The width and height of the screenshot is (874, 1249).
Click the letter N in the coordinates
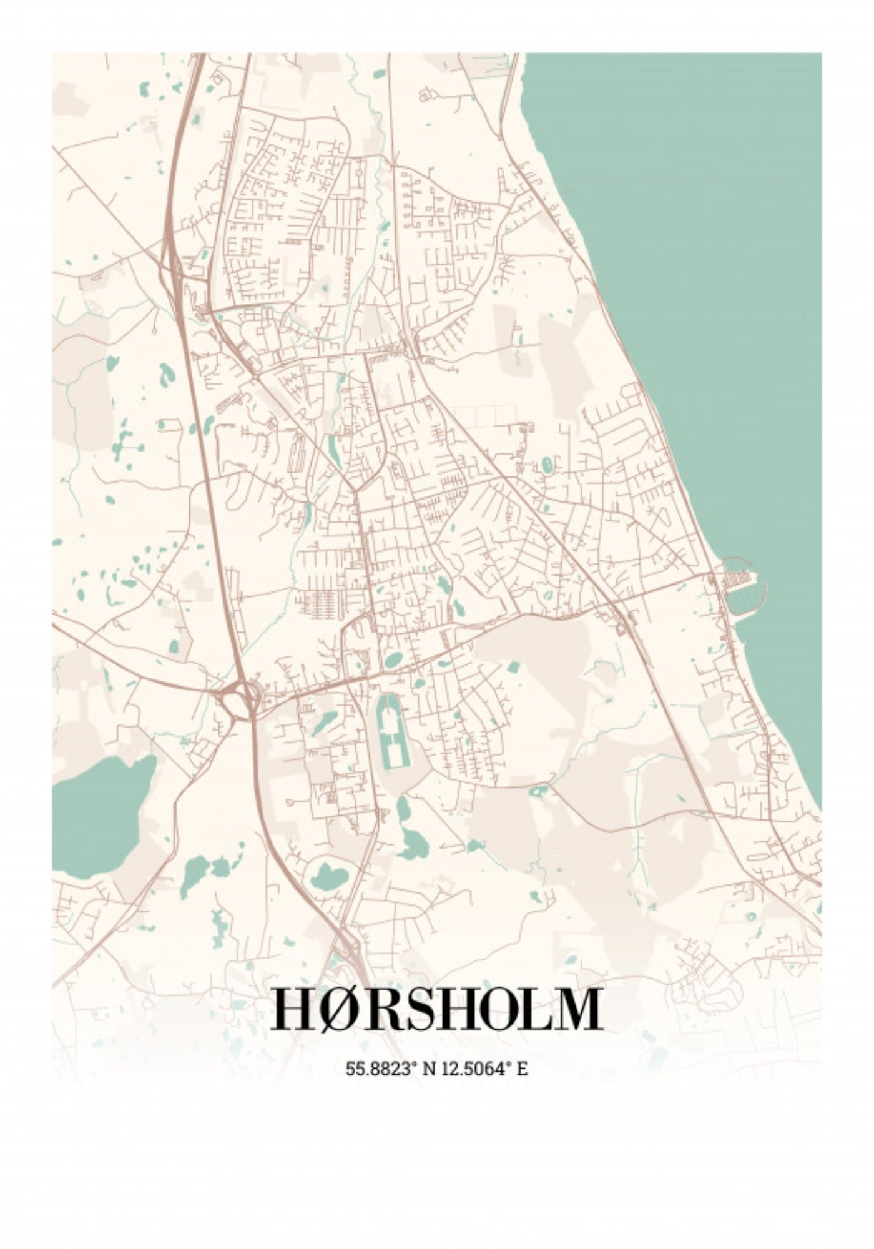point(430,1069)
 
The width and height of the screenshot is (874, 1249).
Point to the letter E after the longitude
point(523,1069)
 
